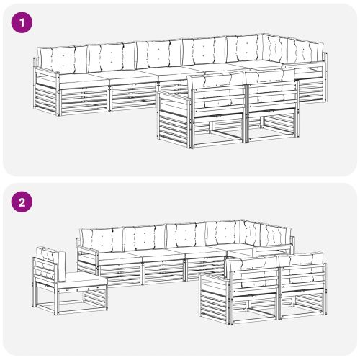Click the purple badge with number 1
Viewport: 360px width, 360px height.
[x=24, y=23]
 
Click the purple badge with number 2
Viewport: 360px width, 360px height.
[x=24, y=202]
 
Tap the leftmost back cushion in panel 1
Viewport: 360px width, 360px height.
[x=62, y=57]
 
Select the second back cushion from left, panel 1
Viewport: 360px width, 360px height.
[x=110, y=56]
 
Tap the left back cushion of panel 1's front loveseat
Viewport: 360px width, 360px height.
[x=217, y=90]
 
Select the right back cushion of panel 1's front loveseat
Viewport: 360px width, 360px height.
[x=269, y=87]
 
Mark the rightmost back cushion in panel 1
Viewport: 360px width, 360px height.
[x=307, y=53]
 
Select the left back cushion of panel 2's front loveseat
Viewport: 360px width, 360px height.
[x=253, y=274]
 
